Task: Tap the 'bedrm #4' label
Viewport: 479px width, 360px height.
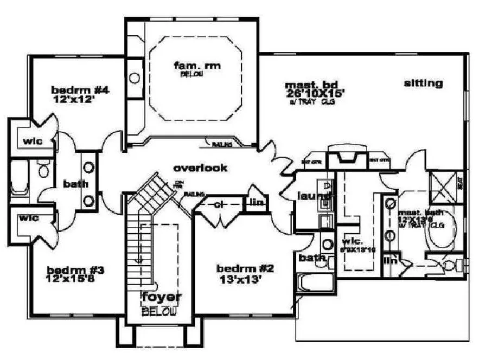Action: (x=81, y=90)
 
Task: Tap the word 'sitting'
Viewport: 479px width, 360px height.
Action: (x=423, y=83)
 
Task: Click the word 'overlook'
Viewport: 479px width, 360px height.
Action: (x=200, y=168)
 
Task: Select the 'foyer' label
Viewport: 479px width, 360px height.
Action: (x=161, y=298)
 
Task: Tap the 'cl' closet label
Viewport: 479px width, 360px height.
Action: (x=219, y=205)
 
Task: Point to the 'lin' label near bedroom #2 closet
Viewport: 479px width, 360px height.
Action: (x=253, y=203)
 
